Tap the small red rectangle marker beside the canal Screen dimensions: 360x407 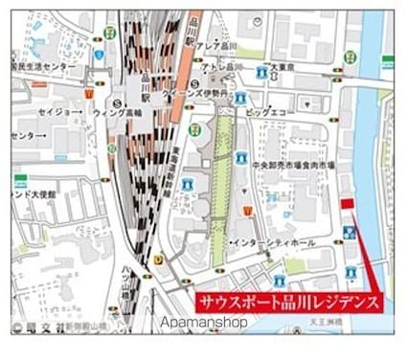(x=347, y=203)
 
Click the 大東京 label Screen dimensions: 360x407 (x=284, y=69)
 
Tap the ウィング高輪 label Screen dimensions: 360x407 (x=119, y=112)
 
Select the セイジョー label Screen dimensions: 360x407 (x=57, y=112)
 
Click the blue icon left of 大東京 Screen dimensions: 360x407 (x=262, y=71)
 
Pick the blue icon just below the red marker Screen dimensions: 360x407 (x=350, y=232)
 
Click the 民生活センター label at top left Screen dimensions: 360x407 (x=36, y=69)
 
